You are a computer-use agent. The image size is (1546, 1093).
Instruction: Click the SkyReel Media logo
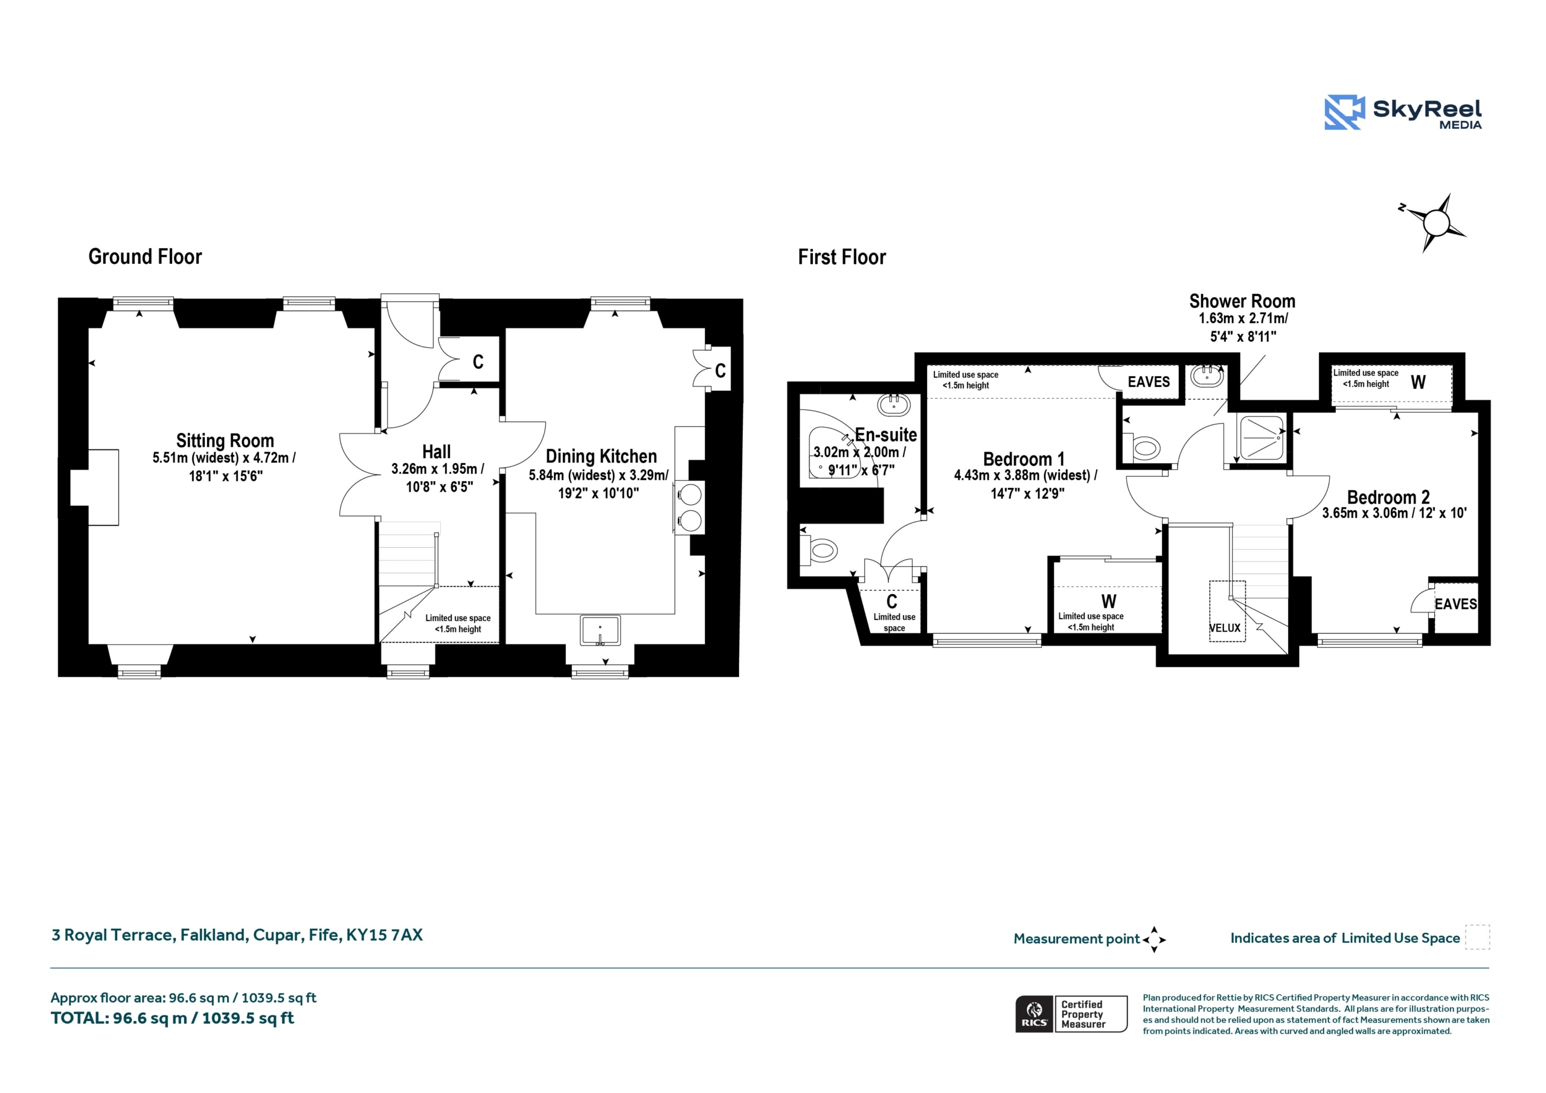click(1403, 112)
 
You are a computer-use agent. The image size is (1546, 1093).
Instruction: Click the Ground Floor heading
click(145, 257)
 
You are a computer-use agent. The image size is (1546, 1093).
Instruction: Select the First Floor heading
click(842, 257)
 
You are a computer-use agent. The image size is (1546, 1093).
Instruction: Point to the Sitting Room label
click(225, 440)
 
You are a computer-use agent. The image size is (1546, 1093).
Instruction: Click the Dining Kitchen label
click(601, 456)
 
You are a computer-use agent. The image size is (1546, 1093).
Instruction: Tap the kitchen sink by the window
click(600, 630)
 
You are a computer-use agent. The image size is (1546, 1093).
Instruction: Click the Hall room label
click(437, 452)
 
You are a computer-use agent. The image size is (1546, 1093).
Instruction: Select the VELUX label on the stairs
click(1225, 628)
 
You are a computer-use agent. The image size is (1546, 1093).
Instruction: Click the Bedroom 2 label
click(1388, 497)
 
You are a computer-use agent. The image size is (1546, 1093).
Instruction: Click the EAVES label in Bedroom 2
click(1456, 604)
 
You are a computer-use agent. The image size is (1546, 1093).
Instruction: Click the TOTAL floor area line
click(172, 1018)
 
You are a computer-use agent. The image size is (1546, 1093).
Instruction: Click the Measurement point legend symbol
click(1153, 940)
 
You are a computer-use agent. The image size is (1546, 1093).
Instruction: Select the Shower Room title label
click(1242, 301)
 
